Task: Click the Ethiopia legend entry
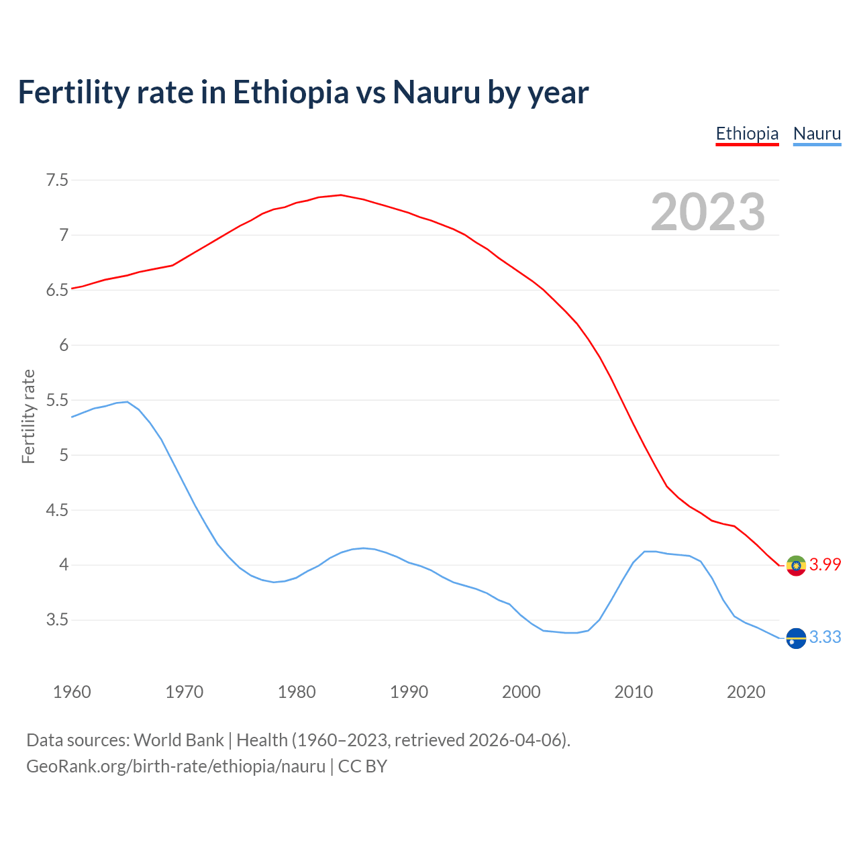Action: click(x=747, y=134)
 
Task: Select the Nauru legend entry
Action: click(x=817, y=134)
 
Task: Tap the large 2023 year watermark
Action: click(x=708, y=212)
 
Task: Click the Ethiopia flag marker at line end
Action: click(x=796, y=566)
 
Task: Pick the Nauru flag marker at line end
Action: click(x=796, y=638)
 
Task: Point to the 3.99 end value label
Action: click(x=825, y=565)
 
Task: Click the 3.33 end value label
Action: click(x=825, y=638)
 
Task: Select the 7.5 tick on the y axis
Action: click(x=57, y=180)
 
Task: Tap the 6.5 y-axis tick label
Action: click(x=57, y=290)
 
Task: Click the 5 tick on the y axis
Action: click(x=64, y=455)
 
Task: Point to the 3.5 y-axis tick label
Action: click(x=57, y=620)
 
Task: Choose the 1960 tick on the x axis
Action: click(x=72, y=692)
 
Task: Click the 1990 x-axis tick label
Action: click(x=409, y=692)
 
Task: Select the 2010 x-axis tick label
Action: click(x=634, y=692)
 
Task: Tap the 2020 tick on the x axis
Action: click(x=746, y=692)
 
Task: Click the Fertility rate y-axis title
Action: click(x=28, y=416)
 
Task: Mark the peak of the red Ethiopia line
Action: click(x=341, y=195)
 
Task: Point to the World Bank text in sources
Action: click(x=179, y=740)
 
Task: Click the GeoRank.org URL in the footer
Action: click(x=176, y=766)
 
